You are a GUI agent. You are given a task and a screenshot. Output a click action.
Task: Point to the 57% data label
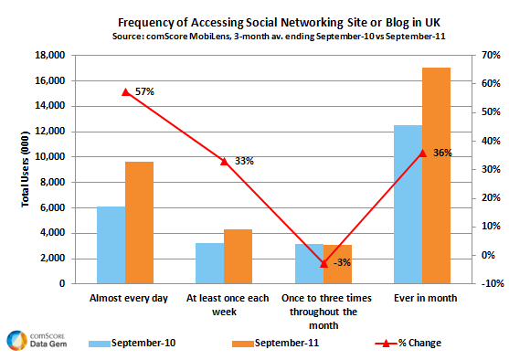tap(144, 91)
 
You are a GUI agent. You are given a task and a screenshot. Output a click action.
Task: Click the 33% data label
tap(244, 161)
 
